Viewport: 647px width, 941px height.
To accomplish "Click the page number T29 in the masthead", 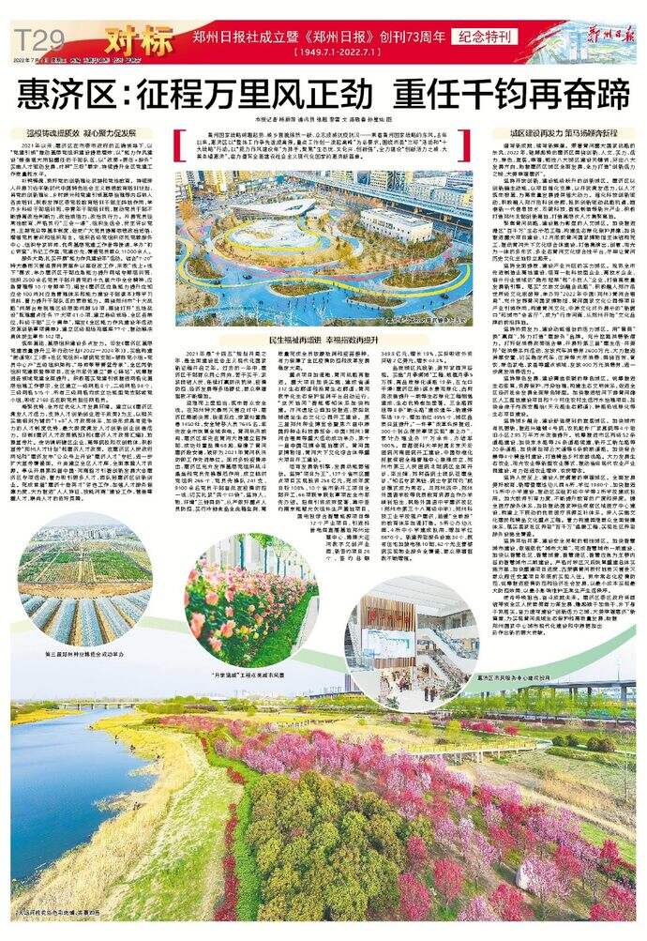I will coord(38,39).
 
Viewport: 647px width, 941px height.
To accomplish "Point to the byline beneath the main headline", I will coord(323,119).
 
